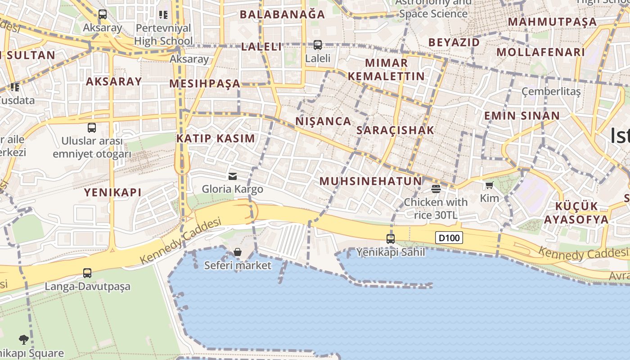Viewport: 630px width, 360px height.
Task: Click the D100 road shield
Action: (449, 237)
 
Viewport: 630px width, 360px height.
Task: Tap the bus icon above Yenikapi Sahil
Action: (391, 239)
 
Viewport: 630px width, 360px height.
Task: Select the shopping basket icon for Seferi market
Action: (238, 252)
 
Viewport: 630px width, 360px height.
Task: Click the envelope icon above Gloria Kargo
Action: (233, 176)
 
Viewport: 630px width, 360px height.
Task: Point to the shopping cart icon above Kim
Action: (490, 185)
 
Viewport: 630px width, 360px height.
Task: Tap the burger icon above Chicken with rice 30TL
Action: (436, 189)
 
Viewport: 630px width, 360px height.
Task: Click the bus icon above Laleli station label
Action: (318, 45)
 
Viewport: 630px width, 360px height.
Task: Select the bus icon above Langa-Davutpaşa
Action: (87, 273)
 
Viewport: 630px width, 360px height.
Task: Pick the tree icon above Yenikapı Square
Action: (24, 340)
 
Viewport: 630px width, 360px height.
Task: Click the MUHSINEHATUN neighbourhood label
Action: (371, 181)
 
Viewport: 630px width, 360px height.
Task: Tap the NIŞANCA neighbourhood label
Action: (323, 121)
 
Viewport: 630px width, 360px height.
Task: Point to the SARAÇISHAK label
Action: (395, 130)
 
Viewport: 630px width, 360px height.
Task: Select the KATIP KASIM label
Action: (216, 138)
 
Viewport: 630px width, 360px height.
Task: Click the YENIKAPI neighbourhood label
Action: (113, 193)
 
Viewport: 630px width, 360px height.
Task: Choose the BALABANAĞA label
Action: (282, 14)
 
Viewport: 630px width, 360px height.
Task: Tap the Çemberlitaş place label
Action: (551, 91)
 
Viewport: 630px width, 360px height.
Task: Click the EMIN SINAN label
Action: (522, 116)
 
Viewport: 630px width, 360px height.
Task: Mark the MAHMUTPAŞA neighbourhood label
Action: (552, 22)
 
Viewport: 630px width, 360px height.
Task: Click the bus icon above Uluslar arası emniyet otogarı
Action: (92, 128)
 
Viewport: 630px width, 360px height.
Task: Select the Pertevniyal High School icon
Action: (163, 15)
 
